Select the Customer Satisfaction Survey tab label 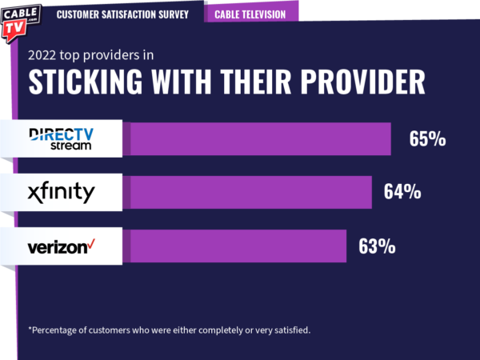point(123,14)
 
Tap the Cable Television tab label point(250,14)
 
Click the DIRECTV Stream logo point(60,138)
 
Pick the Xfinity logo point(60,192)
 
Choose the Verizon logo point(61,246)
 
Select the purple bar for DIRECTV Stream point(260,138)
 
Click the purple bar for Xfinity point(250,193)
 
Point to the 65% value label point(427,139)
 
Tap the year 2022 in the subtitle point(45,55)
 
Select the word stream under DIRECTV point(71,146)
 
